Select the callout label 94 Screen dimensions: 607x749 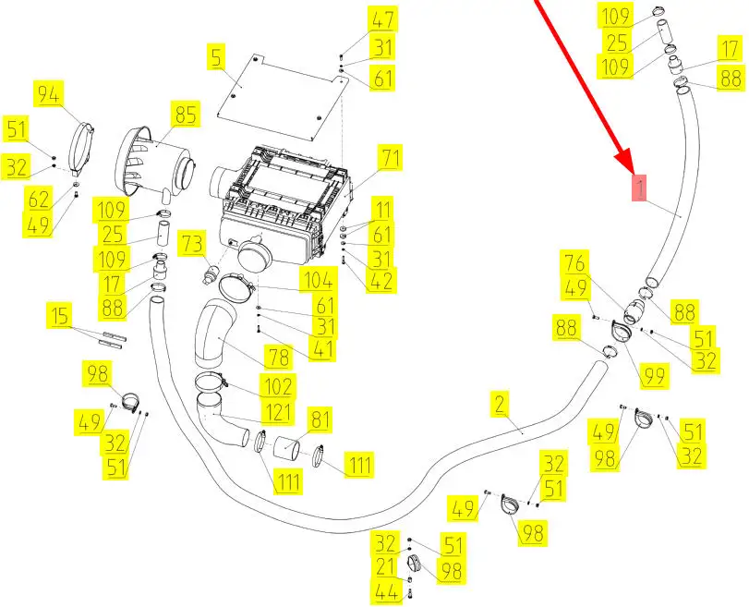(48, 94)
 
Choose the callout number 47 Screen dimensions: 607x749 (381, 18)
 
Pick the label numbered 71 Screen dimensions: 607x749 (391, 158)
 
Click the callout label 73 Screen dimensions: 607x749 (191, 244)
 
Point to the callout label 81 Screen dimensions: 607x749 (320, 420)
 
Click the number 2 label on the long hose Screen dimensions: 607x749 (500, 403)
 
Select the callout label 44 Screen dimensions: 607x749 (387, 595)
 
